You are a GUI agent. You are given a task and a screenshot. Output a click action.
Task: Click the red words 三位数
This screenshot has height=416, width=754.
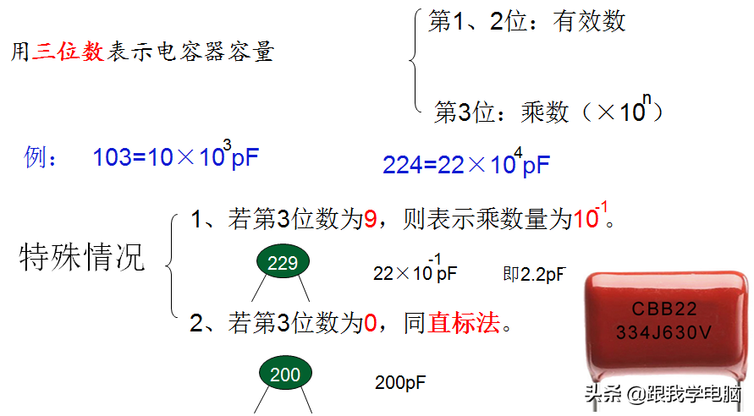(69, 52)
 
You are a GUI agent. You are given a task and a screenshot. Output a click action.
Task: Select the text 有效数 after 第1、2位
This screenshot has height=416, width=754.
(589, 21)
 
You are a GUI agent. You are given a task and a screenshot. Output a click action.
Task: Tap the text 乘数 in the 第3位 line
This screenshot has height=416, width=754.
(545, 112)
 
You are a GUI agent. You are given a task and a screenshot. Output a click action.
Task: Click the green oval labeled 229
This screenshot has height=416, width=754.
(283, 263)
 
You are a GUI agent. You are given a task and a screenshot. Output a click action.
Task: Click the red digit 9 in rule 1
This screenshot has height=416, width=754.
(370, 221)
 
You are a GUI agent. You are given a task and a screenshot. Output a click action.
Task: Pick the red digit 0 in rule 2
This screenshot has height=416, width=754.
(369, 322)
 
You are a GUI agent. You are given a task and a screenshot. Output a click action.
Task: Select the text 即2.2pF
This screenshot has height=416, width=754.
(533, 274)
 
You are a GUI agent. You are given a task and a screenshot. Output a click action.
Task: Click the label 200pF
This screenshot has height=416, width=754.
(400, 382)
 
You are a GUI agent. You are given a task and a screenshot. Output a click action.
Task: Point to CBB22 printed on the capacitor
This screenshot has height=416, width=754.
(665, 309)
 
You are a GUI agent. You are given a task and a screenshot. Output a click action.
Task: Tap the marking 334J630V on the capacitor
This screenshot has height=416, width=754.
(664, 332)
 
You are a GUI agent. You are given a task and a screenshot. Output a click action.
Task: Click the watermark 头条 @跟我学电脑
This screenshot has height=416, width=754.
(661, 394)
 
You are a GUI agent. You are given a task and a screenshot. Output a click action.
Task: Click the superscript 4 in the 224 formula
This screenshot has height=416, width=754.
(519, 151)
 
